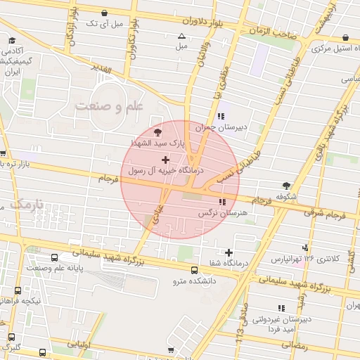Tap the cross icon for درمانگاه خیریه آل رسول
click(165, 160)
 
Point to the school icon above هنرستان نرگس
click(223, 202)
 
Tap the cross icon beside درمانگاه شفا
click(229, 252)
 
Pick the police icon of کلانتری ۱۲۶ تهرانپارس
click(305, 247)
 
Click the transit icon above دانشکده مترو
click(194, 270)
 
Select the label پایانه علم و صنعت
click(56, 268)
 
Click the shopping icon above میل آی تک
click(105, 13)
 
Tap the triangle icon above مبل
click(182, 35)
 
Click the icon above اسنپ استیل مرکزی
click(345, 38)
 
